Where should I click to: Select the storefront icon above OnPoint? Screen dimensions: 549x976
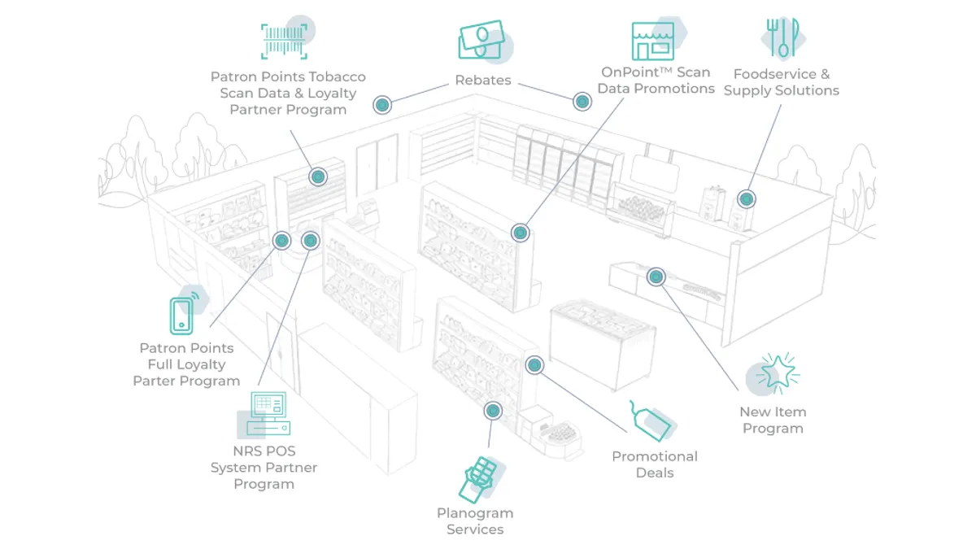(x=653, y=41)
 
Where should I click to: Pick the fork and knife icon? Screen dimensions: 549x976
(x=782, y=37)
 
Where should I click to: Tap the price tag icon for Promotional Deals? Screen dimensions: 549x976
(x=651, y=420)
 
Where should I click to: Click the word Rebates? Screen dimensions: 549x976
(x=483, y=81)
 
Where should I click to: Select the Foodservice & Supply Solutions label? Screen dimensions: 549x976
(x=781, y=82)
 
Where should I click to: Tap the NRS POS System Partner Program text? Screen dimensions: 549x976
(x=264, y=468)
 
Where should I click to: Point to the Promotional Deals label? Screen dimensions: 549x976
(x=654, y=464)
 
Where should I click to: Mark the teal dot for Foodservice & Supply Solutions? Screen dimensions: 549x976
(x=746, y=198)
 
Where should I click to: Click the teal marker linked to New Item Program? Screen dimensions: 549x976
(x=655, y=277)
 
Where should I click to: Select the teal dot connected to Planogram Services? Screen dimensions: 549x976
(x=492, y=410)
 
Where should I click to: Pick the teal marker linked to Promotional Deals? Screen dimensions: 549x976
(x=534, y=365)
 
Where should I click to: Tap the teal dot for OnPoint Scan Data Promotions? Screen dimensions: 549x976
(x=521, y=233)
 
